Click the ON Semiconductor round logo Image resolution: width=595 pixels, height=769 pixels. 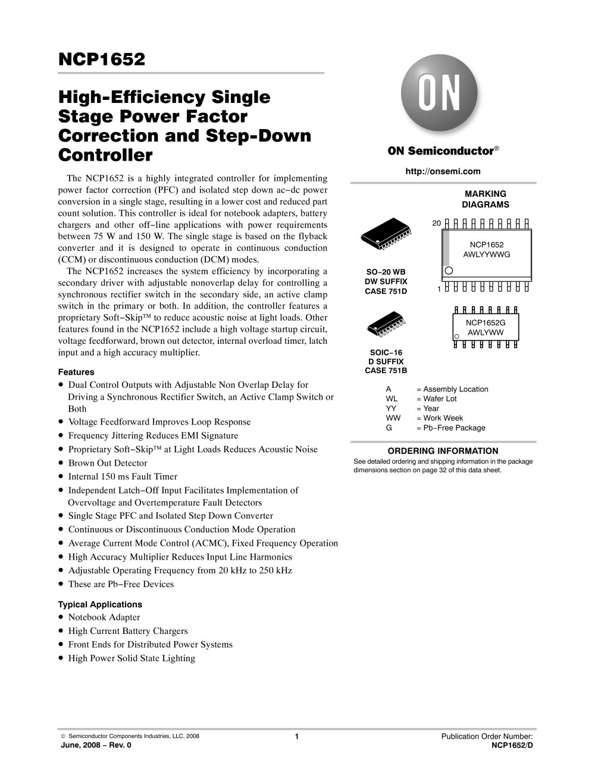[439, 96]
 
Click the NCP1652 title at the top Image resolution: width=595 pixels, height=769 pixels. [102, 59]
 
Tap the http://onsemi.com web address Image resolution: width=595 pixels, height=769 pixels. [443, 171]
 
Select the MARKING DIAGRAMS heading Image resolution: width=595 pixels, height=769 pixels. [485, 199]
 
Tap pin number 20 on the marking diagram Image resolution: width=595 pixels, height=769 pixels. [436, 223]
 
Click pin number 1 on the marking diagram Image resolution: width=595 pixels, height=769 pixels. [439, 289]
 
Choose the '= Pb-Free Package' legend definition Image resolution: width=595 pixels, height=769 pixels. [450, 428]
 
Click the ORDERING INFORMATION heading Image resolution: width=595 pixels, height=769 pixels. [443, 451]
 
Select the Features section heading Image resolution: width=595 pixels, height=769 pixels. [76, 372]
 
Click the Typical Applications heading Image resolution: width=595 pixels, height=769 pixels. [99, 604]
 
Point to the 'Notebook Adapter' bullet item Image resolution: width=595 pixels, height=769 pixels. [104, 617]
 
